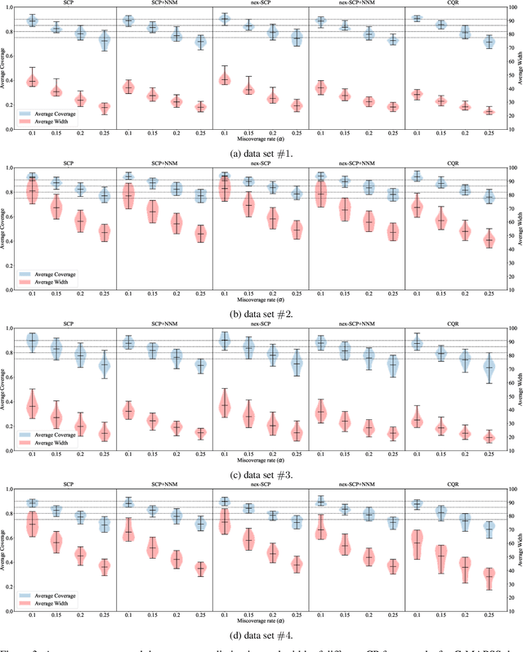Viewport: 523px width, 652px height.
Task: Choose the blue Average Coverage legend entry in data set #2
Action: (x=56, y=275)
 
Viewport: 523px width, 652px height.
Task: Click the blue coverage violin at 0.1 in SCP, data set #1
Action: (x=33, y=20)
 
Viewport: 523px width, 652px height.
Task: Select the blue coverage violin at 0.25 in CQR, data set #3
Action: (x=489, y=369)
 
